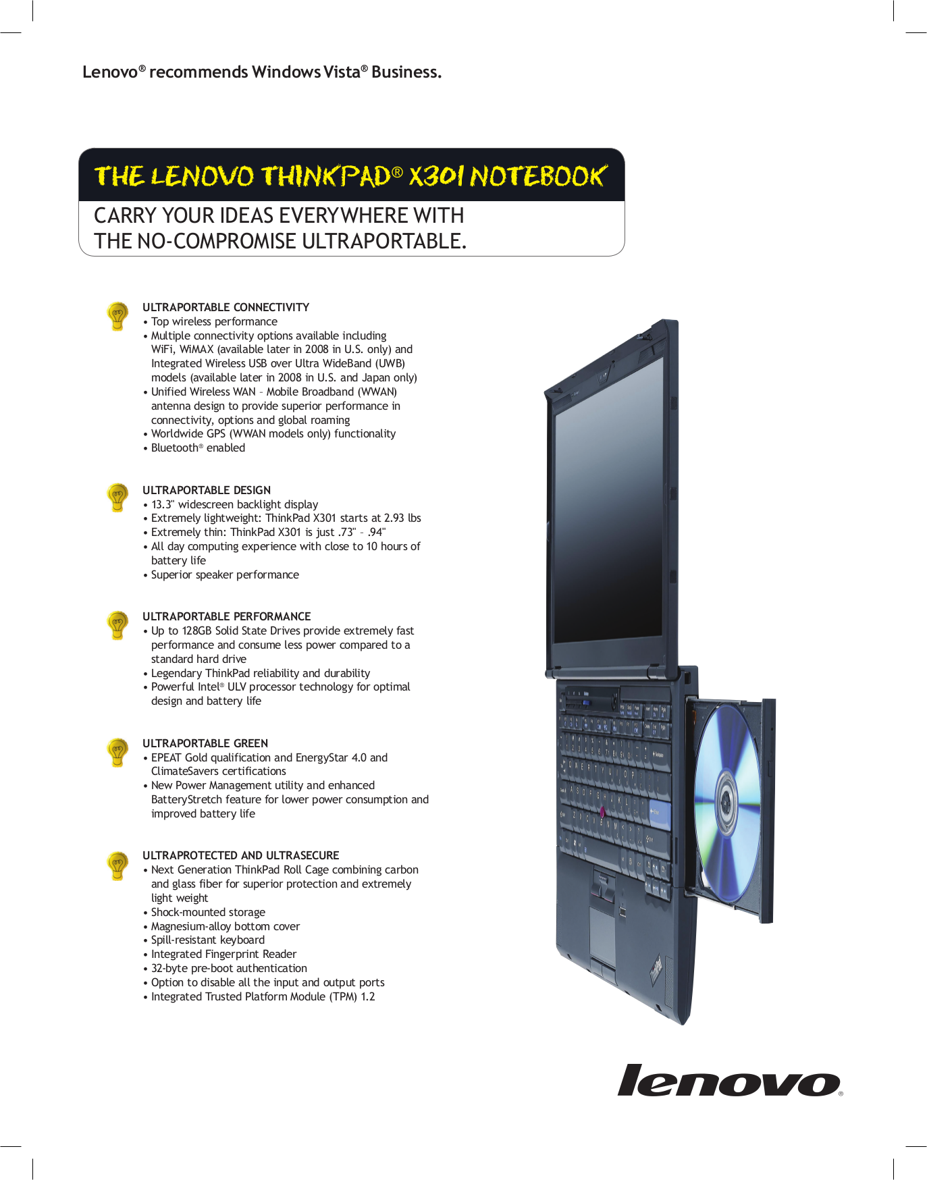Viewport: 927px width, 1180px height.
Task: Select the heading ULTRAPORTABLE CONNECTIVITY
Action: [x=226, y=307]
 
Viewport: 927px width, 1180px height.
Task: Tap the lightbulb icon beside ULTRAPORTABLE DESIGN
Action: [x=117, y=498]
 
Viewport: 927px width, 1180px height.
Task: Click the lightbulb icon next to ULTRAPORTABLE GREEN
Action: [x=117, y=751]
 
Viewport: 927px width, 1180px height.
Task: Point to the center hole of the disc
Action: [x=726, y=801]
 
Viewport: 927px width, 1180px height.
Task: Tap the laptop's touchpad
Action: [x=603, y=932]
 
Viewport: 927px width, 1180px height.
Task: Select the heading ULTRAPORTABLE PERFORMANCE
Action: [x=226, y=616]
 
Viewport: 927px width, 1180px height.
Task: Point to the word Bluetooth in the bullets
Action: [x=174, y=448]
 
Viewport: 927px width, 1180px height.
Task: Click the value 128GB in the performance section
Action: [x=196, y=631]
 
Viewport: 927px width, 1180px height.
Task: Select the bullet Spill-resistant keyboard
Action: [x=207, y=940]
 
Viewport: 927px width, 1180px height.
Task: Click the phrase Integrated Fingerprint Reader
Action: [x=223, y=954]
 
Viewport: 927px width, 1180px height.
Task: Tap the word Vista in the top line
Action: [x=342, y=72]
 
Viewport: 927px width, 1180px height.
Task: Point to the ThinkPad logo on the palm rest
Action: [x=656, y=971]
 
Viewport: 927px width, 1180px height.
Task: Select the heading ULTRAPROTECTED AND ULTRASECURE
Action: [x=240, y=855]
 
